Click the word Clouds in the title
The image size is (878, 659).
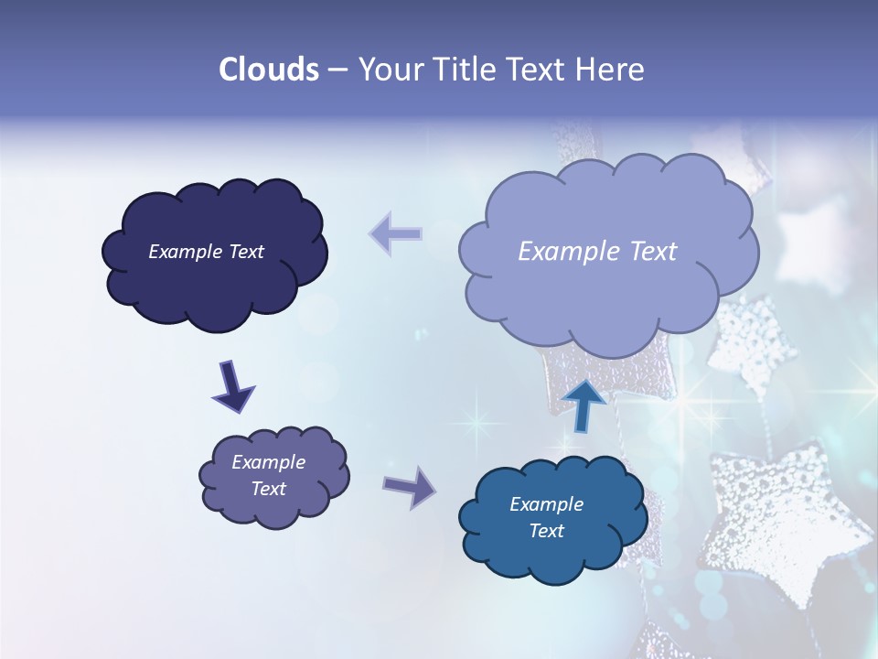click(269, 70)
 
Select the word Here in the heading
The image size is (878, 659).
click(612, 70)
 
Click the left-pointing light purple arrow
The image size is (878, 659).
click(396, 233)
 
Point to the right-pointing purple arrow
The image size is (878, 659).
click(410, 486)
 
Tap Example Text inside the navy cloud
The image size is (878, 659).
click(206, 252)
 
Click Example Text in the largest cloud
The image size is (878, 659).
click(597, 252)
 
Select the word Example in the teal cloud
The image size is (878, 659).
click(546, 504)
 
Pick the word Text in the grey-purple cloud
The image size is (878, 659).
click(269, 489)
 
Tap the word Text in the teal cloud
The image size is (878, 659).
click(546, 531)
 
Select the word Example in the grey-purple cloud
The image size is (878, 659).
click(269, 462)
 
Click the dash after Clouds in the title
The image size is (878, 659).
click(337, 70)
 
